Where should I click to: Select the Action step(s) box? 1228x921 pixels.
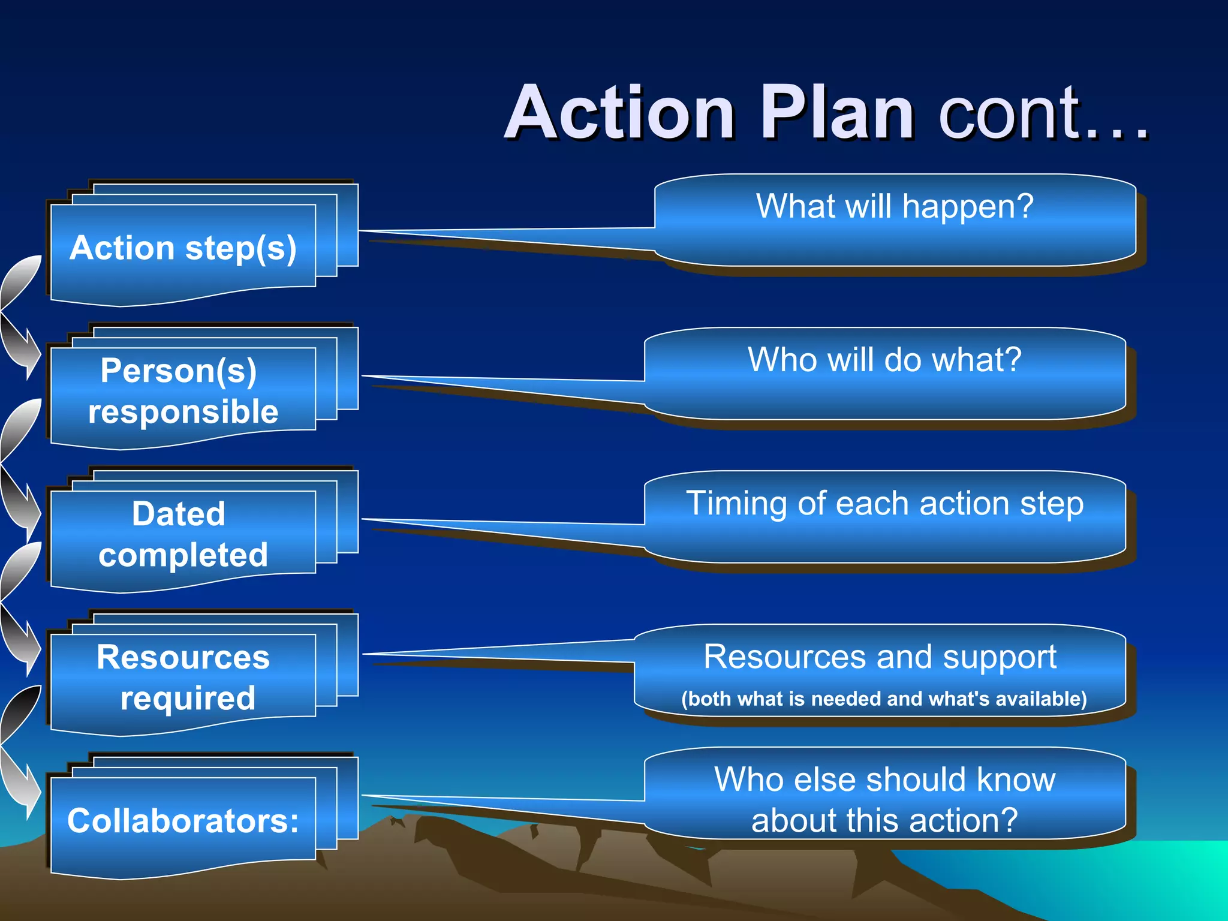(x=183, y=248)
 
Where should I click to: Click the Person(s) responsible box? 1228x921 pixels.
(x=183, y=391)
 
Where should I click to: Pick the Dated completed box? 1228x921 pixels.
(x=183, y=534)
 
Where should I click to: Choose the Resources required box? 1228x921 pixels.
(x=183, y=678)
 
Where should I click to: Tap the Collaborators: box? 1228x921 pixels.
(x=183, y=820)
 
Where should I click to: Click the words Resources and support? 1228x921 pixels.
(x=880, y=657)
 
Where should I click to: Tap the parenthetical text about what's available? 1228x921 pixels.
(x=884, y=699)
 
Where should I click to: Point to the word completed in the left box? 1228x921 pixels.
(x=183, y=555)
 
